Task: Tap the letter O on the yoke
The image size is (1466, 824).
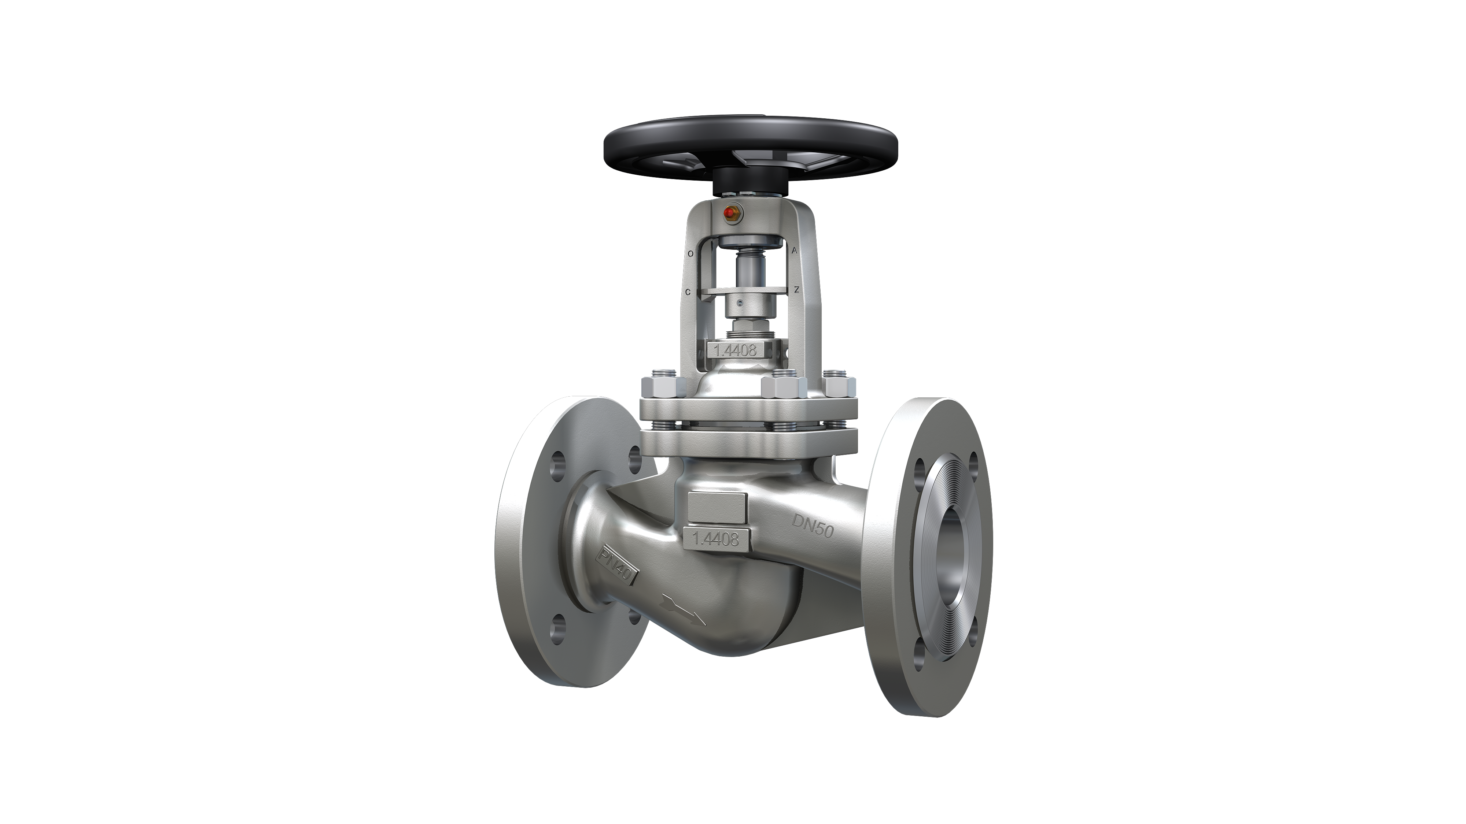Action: (690, 254)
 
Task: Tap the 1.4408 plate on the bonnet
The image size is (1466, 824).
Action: (735, 349)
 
